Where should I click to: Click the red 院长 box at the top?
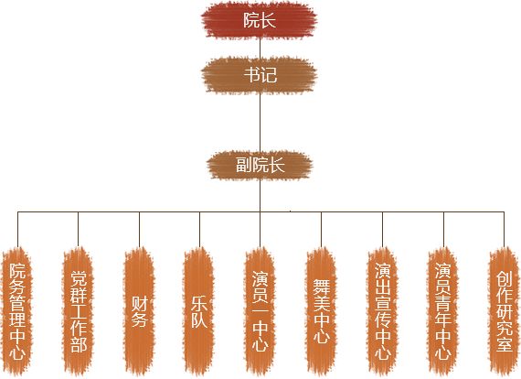[x=260, y=20]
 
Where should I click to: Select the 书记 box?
[x=260, y=75]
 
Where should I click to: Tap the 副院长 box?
[x=260, y=165]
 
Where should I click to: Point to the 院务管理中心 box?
[x=17, y=311]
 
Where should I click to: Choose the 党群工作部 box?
[x=78, y=311]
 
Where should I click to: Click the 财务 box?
[x=139, y=311]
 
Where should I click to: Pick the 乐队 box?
[x=199, y=311]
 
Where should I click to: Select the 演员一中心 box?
[x=260, y=311]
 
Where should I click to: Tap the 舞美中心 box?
[x=322, y=311]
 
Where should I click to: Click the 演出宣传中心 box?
[x=382, y=311]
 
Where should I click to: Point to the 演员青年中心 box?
[x=443, y=311]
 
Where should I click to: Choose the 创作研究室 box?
[x=504, y=311]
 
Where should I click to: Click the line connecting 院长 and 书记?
[x=260, y=48]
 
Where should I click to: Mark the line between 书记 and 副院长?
[x=260, y=123]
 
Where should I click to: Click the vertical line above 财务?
[x=139, y=230]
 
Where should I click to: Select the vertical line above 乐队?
[x=199, y=230]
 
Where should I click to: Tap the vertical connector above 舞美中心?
[x=322, y=230]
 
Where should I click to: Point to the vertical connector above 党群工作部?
[x=78, y=230]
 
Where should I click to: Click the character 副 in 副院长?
[x=243, y=165]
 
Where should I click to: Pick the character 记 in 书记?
[x=269, y=75]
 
